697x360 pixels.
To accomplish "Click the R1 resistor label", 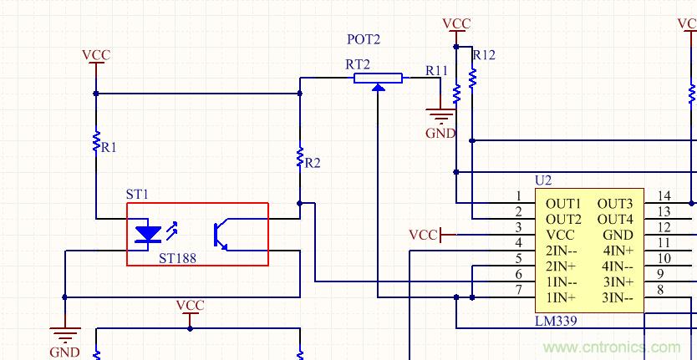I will (x=109, y=147).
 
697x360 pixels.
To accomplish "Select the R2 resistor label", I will (x=312, y=163).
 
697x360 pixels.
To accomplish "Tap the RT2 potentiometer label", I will (x=358, y=64).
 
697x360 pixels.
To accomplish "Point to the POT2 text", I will (x=363, y=40).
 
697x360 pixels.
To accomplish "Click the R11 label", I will (x=436, y=71).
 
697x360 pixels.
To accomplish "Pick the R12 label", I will (x=484, y=55).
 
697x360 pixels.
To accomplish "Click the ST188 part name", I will (x=177, y=259).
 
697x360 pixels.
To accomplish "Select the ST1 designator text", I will (x=137, y=194).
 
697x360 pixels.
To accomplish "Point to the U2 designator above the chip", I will (x=543, y=180).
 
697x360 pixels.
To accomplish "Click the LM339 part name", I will (x=556, y=321).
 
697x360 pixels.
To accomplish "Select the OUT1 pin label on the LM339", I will (x=563, y=203).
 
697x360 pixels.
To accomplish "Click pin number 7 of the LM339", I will (x=518, y=291).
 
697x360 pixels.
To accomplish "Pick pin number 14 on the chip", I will (x=664, y=196).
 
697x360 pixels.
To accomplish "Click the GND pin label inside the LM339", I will (x=618, y=235).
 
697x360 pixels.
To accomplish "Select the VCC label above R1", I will (x=96, y=56).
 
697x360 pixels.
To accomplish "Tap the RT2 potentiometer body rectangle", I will (x=378, y=79).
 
